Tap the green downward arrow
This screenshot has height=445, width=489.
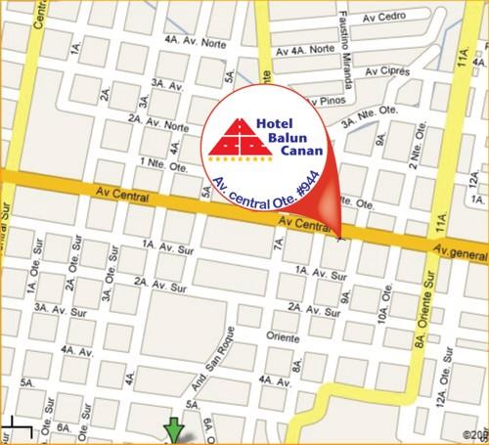click(174, 430)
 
